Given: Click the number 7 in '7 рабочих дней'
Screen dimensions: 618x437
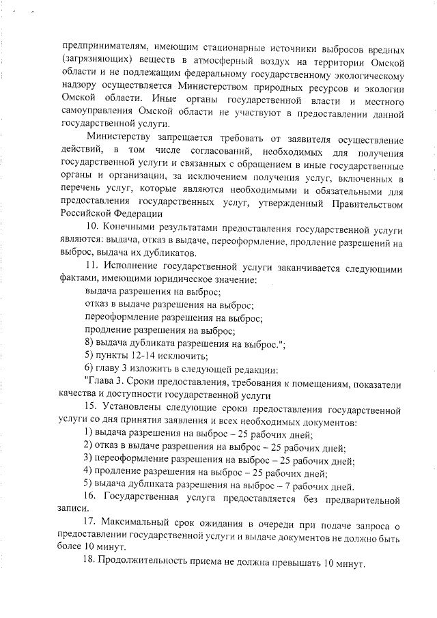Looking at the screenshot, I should [x=281, y=486].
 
